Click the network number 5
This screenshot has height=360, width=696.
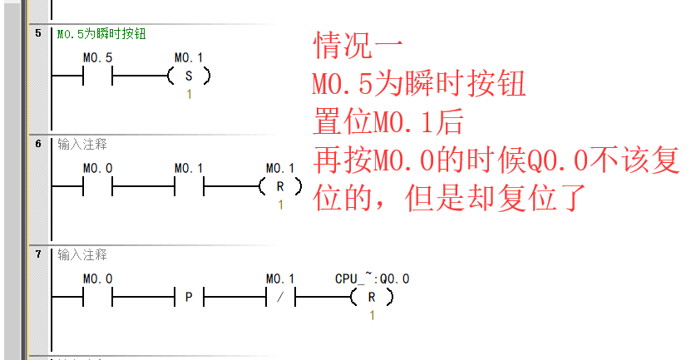point(38,33)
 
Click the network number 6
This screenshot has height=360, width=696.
point(38,144)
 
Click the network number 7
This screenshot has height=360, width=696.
point(38,254)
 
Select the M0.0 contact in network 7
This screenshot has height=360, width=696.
point(97,296)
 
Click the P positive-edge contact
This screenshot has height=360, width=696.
point(189,296)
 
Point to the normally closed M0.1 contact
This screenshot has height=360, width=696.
point(279,296)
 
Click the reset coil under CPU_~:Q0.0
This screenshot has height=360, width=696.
point(371,296)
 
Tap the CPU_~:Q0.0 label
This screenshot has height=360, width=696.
point(372,279)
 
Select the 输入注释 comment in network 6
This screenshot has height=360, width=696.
point(82,144)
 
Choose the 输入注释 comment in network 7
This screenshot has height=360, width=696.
point(82,254)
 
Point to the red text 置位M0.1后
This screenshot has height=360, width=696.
point(387,124)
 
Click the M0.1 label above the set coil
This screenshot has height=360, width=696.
point(189,58)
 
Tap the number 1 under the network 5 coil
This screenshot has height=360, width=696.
point(189,94)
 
